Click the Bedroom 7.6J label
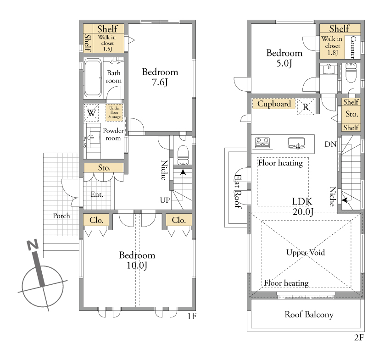[160, 77]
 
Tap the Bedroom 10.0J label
[137, 260]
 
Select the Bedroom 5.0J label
[284, 58]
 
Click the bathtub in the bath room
[93, 78]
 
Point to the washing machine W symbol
[91, 113]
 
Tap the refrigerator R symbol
[306, 107]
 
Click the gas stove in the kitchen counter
[262, 143]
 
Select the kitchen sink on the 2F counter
[296, 143]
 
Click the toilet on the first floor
[184, 155]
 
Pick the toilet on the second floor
[351, 72]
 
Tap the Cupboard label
[274, 104]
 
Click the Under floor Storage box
[114, 113]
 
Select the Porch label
[61, 216]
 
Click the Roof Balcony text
[309, 315]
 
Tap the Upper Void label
[306, 253]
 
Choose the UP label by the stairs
[165, 200]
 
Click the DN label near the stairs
[330, 144]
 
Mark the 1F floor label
[192, 316]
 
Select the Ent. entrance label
[97, 194]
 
